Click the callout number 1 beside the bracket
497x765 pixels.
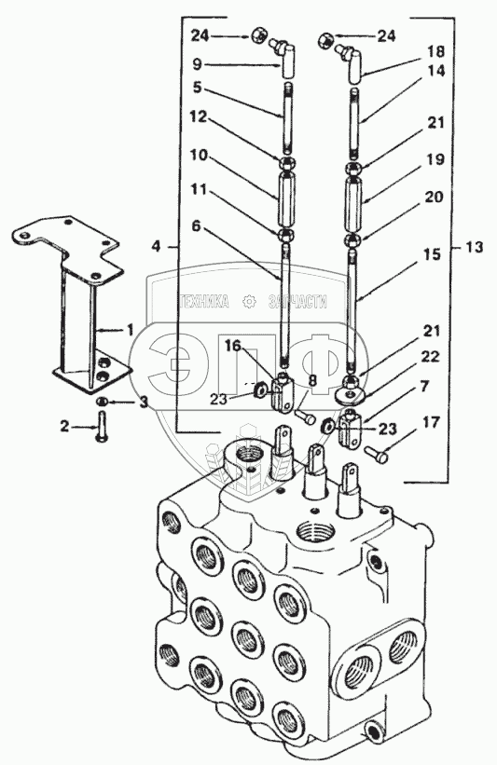click(x=130, y=330)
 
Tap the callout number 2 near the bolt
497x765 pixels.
click(x=65, y=427)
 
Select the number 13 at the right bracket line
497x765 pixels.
click(x=473, y=247)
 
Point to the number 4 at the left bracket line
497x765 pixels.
click(x=155, y=246)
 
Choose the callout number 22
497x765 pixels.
click(x=430, y=357)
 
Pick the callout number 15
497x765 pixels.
click(x=432, y=254)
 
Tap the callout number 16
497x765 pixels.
click(x=233, y=346)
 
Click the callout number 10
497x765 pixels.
click(x=200, y=156)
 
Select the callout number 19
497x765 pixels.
click(x=435, y=159)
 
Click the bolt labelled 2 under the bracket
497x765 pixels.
click(x=102, y=427)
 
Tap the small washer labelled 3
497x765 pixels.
click(x=101, y=402)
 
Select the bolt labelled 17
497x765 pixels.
click(x=377, y=455)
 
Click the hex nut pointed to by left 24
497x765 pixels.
click(x=258, y=35)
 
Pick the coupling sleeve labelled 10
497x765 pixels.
click(x=286, y=198)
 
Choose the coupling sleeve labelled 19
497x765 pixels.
click(x=356, y=205)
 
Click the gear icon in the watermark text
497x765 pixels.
click(x=250, y=303)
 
